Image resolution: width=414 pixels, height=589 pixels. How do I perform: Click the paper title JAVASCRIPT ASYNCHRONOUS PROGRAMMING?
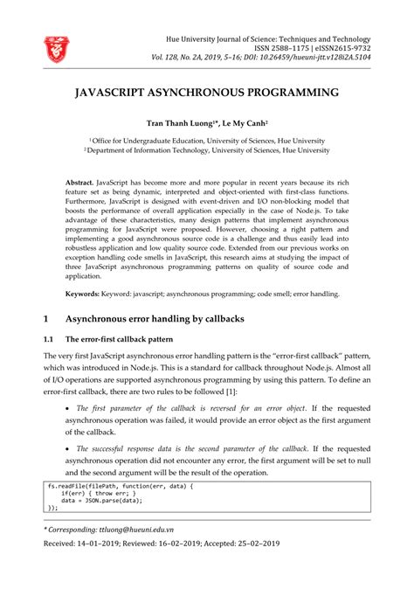pos(207,92)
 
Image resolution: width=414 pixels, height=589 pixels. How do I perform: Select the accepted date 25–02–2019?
pos(253,543)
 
